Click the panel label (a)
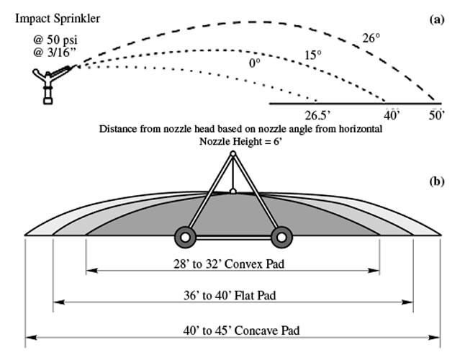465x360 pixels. tap(436, 20)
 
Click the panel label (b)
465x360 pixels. tap(436, 181)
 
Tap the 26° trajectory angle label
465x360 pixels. tap(371, 39)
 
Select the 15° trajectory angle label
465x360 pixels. tap(312, 55)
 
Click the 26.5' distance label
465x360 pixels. tap(316, 115)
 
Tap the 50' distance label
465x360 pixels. tap(436, 115)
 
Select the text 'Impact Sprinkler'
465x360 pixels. tap(58, 17)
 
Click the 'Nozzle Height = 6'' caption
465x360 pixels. tap(232, 141)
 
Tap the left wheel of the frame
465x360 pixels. tap(185, 236)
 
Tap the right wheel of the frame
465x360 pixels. tap(281, 236)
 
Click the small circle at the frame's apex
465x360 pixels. tap(232, 153)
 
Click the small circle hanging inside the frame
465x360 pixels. tap(232, 192)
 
